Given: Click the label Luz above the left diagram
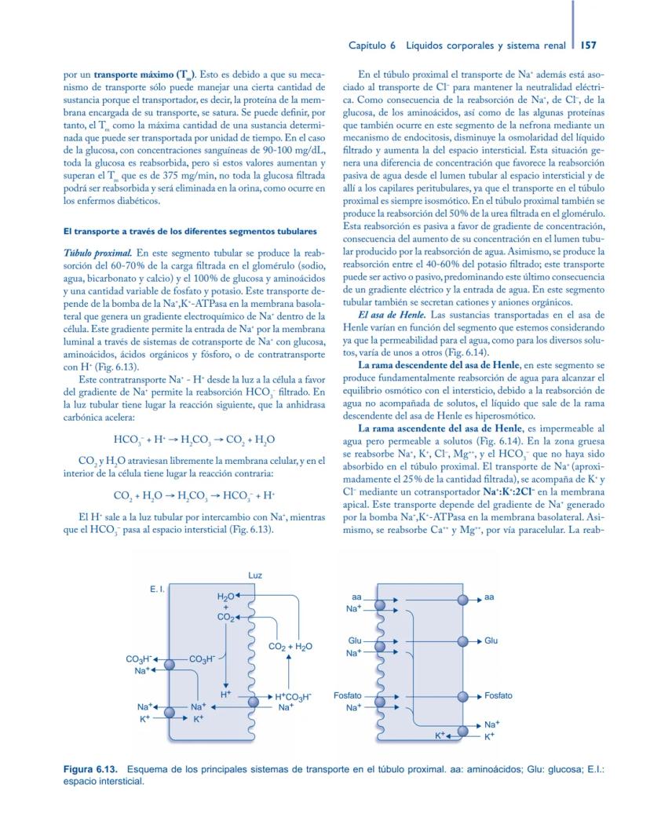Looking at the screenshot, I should pyautogui.click(x=255, y=575).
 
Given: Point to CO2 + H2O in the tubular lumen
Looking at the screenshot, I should pyautogui.click(x=290, y=647).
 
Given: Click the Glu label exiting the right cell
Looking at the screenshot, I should pyautogui.click(x=491, y=640).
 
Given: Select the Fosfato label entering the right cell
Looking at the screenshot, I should pyautogui.click(x=348, y=695).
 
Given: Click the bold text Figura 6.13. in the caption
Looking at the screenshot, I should pyautogui.click(x=92, y=768).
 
